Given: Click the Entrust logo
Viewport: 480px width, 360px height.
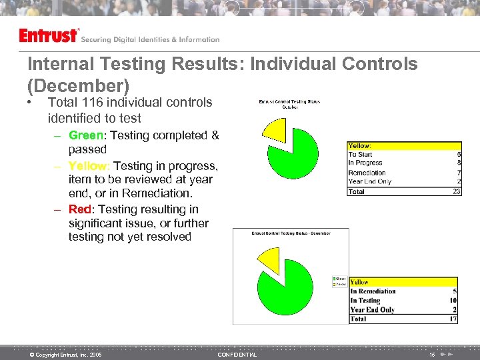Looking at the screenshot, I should point(49,35).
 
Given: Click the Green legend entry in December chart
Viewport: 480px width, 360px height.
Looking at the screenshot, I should point(339,279).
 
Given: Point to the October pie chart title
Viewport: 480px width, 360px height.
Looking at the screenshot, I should point(289,104).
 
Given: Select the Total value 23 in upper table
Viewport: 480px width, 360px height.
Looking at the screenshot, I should point(457,191).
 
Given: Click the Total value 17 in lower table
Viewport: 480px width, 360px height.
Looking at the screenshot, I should point(453,319).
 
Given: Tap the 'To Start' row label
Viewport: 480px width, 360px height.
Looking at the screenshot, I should point(361,154).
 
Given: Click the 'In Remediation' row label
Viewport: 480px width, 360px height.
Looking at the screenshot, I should point(373,291).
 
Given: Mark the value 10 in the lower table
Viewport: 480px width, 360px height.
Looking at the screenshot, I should point(453,301).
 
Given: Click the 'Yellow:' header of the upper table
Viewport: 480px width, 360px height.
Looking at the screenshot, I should point(360,145).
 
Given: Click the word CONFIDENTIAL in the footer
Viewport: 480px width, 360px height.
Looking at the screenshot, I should point(237,355).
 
